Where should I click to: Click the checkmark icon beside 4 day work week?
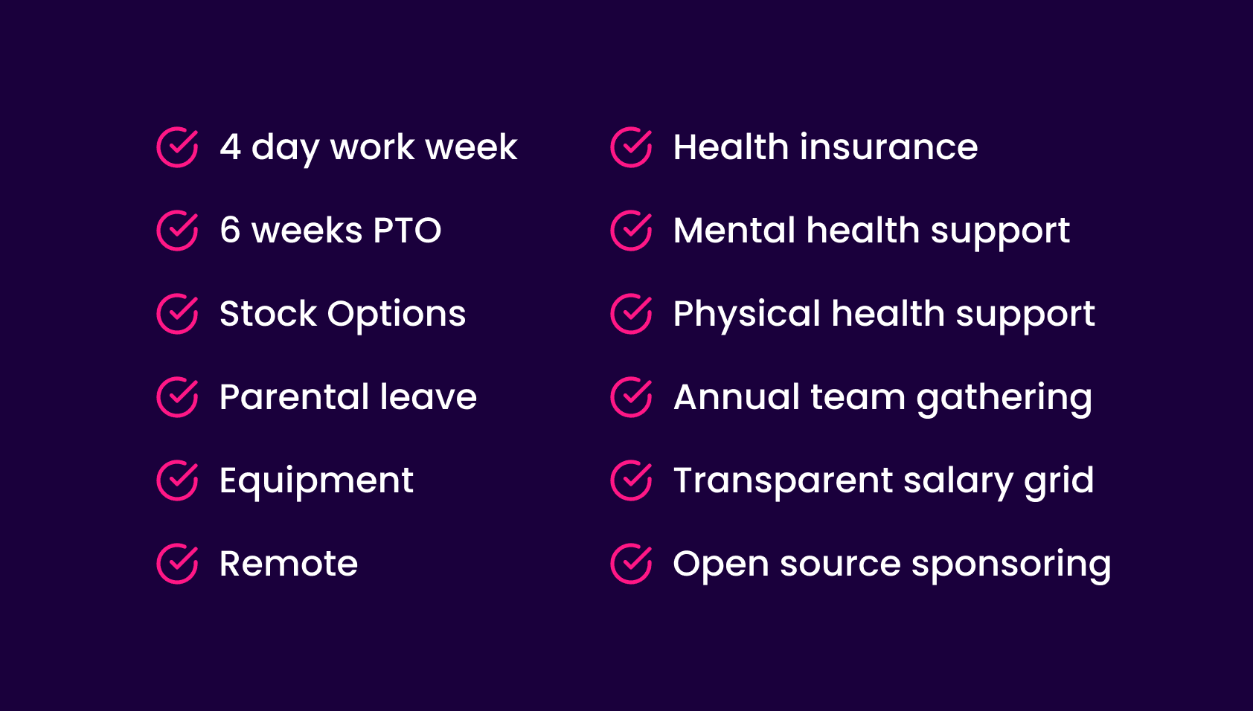pyautogui.click(x=177, y=147)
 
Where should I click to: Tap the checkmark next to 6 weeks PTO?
pyautogui.click(x=177, y=231)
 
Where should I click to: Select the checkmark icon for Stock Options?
pyautogui.click(x=177, y=314)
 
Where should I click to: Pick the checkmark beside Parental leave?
pyautogui.click(x=177, y=397)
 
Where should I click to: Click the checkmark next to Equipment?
pyautogui.click(x=177, y=480)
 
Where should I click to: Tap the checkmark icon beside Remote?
pyautogui.click(x=177, y=564)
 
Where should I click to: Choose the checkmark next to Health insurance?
pyautogui.click(x=631, y=147)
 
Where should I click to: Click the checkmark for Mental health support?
pyautogui.click(x=631, y=231)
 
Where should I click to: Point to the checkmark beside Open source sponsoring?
pyautogui.click(x=631, y=564)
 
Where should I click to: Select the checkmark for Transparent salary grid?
pyautogui.click(x=631, y=480)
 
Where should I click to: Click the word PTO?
pyautogui.click(x=407, y=231)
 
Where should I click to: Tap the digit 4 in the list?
pyautogui.click(x=230, y=147)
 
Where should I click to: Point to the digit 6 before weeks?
pyautogui.click(x=230, y=231)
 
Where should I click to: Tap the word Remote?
pyautogui.click(x=289, y=564)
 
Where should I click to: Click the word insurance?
pyautogui.click(x=889, y=147)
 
